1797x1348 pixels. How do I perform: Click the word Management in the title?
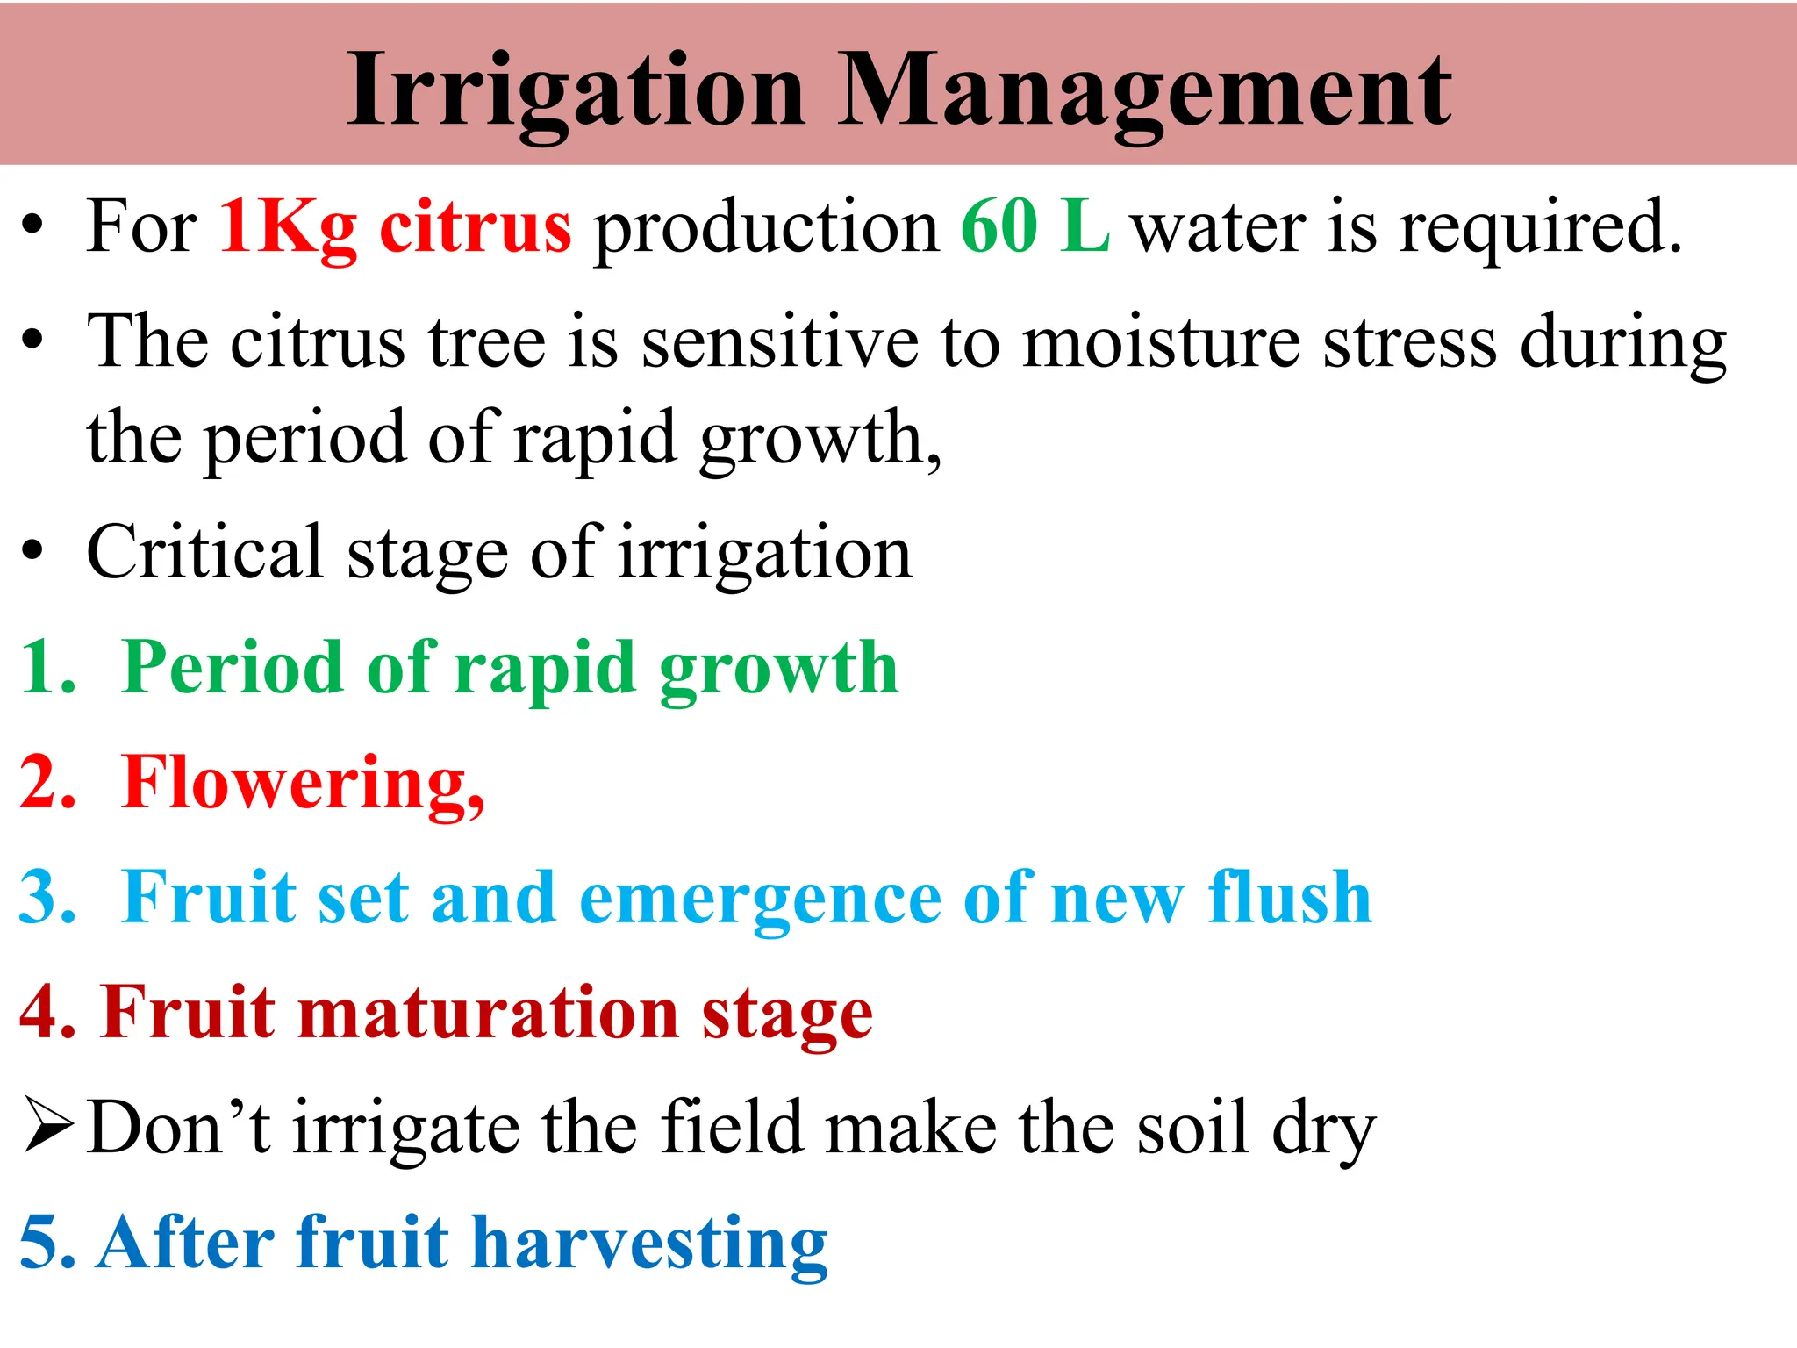point(1144,91)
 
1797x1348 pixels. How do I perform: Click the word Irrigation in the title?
point(576,91)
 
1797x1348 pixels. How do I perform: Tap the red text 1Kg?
point(288,228)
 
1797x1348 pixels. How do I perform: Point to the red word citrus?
point(475,226)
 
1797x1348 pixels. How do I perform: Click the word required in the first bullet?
point(1539,228)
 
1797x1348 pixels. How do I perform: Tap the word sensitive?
point(779,342)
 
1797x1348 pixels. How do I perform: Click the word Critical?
point(205,553)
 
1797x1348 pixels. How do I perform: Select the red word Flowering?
point(303,783)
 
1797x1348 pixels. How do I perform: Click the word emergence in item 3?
point(760,899)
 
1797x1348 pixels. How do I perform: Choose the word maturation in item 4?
point(489,1013)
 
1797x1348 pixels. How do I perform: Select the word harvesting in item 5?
point(649,1243)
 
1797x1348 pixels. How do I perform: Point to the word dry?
point(1323,1130)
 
